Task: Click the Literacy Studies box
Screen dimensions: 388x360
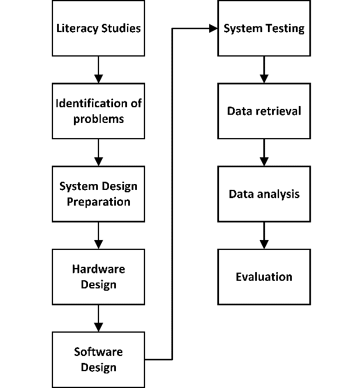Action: click(x=98, y=29)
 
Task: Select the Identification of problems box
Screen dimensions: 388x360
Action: click(x=98, y=111)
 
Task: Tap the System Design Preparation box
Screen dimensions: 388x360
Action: click(x=98, y=194)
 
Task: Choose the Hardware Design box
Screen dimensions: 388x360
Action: click(x=98, y=277)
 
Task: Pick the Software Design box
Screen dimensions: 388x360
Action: click(x=98, y=359)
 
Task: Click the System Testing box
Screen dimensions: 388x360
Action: click(x=264, y=29)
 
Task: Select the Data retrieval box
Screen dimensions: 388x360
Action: click(x=264, y=111)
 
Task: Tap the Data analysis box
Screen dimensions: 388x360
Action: click(x=264, y=193)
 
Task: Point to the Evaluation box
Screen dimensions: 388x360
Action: click(x=264, y=276)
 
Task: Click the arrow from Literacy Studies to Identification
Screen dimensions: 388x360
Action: click(x=98, y=70)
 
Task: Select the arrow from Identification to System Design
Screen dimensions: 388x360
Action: click(x=98, y=153)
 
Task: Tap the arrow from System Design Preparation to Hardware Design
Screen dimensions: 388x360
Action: click(x=98, y=235)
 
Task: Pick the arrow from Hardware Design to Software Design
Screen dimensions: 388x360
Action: click(x=98, y=318)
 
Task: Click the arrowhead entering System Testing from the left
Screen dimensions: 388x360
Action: click(x=213, y=29)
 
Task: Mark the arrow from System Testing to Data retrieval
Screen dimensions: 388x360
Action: click(x=264, y=70)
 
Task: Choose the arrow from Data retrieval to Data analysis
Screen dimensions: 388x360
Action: click(x=264, y=153)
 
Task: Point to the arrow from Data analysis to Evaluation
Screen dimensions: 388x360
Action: click(x=264, y=235)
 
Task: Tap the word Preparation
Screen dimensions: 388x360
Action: click(x=98, y=202)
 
